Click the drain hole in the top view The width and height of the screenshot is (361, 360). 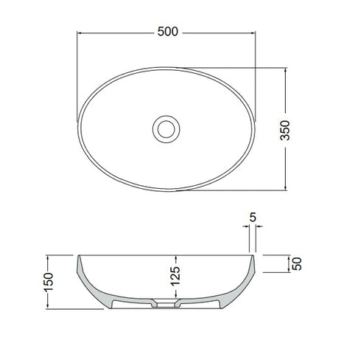point(165,127)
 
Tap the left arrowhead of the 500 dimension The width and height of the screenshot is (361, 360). point(80,32)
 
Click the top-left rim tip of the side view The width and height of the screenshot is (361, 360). point(76,255)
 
